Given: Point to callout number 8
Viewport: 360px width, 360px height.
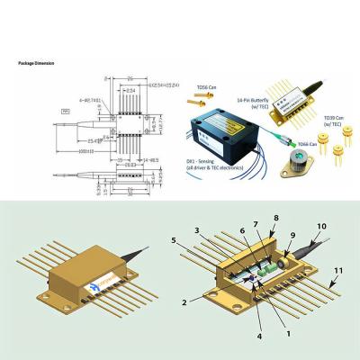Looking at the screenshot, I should click(275, 218).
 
